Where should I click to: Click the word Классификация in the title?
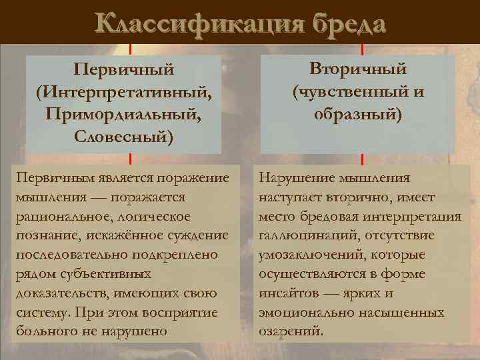tap(188, 25)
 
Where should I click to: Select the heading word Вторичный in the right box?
tap(358, 69)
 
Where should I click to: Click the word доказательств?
tap(58, 293)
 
